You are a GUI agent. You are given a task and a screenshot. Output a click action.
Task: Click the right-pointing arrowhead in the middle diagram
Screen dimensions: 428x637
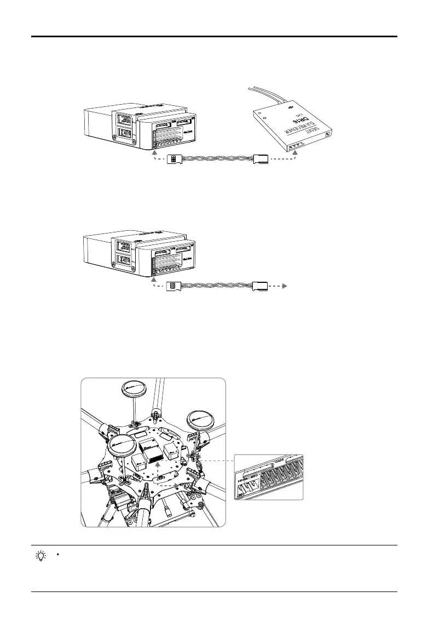coord(285,286)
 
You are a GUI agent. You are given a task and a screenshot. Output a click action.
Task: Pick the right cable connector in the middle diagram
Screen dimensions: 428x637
coord(259,286)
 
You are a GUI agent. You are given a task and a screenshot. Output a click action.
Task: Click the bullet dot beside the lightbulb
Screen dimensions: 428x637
coord(57,554)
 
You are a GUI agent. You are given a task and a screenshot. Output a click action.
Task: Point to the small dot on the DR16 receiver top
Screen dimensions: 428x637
coord(266,117)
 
